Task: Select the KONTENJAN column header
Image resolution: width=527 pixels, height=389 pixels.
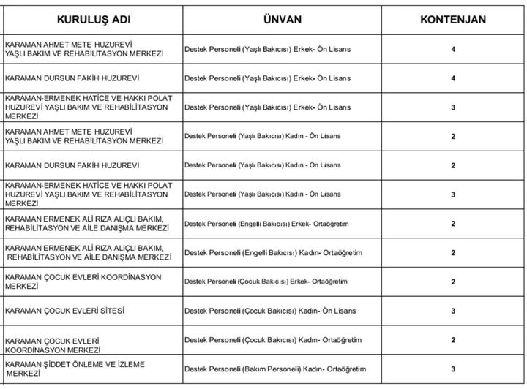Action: coord(453,18)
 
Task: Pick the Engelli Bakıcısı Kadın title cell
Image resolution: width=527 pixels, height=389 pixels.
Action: coord(273,253)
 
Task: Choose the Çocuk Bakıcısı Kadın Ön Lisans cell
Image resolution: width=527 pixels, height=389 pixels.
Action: coord(270,311)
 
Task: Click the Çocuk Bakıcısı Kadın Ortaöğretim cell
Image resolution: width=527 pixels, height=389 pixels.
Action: coord(273,340)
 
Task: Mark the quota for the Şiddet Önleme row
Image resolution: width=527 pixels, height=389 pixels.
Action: coord(453,369)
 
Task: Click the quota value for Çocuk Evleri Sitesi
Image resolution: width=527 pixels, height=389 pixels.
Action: coord(453,311)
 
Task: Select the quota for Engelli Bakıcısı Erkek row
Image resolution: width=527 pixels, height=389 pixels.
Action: coord(453,224)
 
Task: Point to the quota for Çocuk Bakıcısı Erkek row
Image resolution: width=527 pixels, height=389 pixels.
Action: coord(453,282)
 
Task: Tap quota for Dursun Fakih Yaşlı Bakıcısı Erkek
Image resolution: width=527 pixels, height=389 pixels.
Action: coord(453,78)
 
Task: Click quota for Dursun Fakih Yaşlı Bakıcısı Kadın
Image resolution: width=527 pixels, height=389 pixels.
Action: coord(453,165)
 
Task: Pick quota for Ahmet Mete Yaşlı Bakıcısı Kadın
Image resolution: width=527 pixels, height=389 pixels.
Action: coord(453,136)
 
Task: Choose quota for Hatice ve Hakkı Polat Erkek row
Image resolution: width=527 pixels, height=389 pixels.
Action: coord(453,107)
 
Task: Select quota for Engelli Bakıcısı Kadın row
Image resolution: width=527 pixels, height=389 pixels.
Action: coord(453,253)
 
